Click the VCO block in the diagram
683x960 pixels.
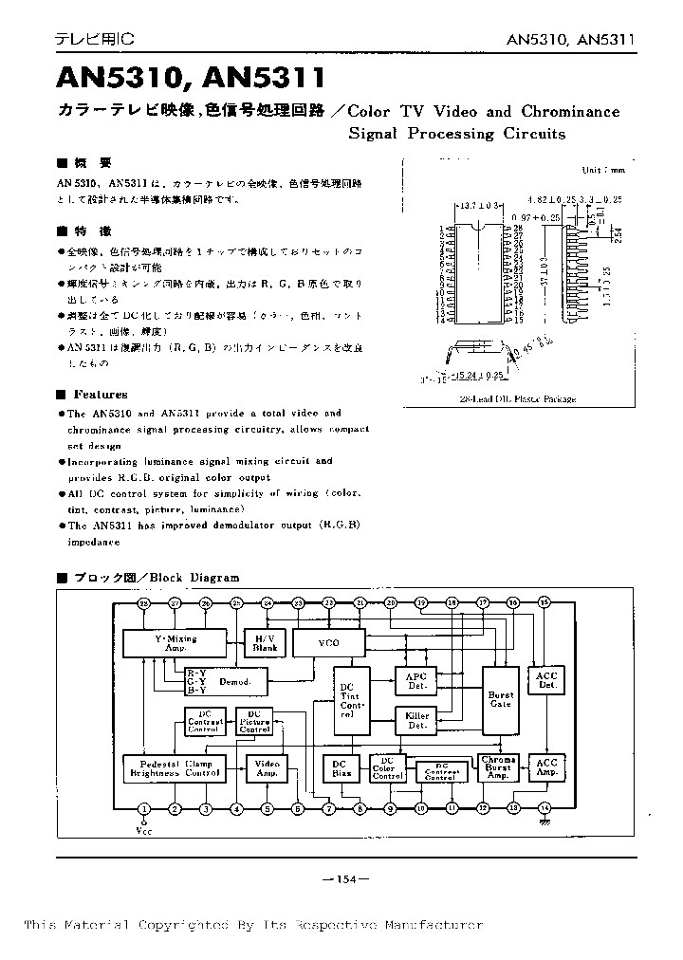329,643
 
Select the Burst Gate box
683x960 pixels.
500,700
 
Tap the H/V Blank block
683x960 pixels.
265,643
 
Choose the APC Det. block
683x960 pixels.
417,679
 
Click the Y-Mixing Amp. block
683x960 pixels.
175,643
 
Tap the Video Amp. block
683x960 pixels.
268,767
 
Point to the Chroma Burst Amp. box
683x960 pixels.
498,767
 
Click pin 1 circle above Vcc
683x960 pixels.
144,809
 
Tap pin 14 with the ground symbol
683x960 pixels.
545,808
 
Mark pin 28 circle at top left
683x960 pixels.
144,603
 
